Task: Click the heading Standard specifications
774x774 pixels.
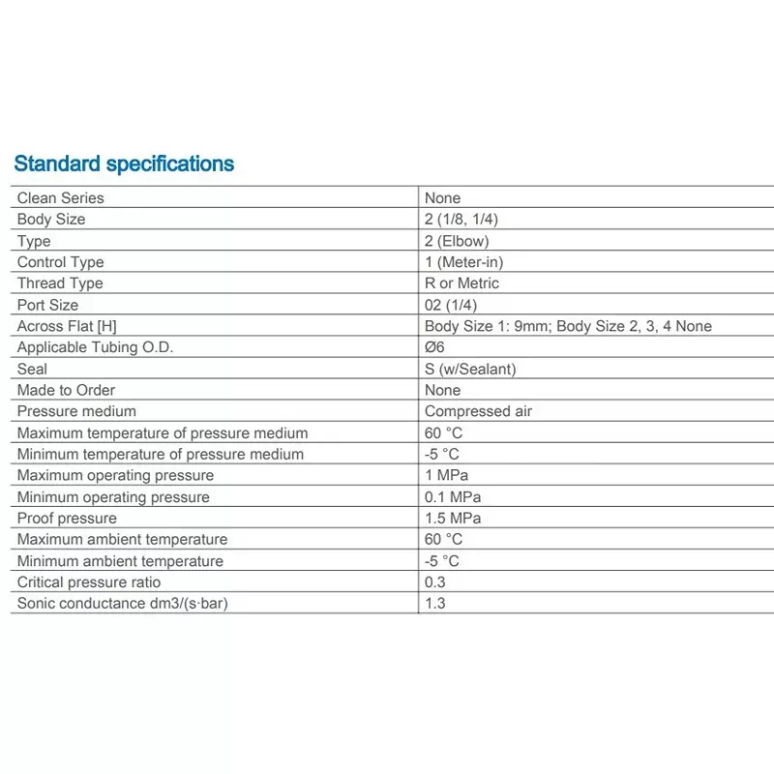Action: [x=124, y=164]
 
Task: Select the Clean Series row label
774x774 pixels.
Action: [x=60, y=198]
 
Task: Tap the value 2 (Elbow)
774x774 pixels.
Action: [x=457, y=241]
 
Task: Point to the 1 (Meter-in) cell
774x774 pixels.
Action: [x=463, y=262]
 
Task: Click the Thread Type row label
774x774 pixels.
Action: [x=60, y=283]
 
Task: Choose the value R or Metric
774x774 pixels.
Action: [x=461, y=283]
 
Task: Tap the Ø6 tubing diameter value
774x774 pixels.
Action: [x=435, y=347]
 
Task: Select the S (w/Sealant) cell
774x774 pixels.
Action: [x=469, y=369]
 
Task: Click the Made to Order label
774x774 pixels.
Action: [x=66, y=390]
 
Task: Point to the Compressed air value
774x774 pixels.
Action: [x=478, y=411]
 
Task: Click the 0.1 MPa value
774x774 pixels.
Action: [x=453, y=497]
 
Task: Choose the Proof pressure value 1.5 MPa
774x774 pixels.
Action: [x=453, y=519]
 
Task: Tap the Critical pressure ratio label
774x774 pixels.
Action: [x=89, y=582]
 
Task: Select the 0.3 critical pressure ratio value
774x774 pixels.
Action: [x=435, y=582]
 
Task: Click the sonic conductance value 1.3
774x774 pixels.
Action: [x=435, y=604]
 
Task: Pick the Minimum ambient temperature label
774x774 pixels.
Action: [x=120, y=561]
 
